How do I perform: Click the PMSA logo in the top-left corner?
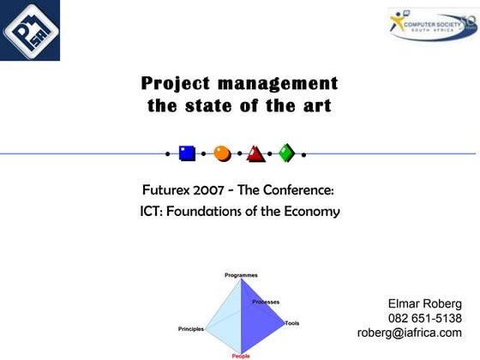click(30, 30)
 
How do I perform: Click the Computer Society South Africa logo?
click(431, 25)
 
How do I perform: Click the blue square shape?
click(187, 153)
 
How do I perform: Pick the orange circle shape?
click(222, 153)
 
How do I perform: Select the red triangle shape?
click(255, 154)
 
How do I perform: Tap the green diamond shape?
click(287, 153)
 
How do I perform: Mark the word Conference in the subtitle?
click(302, 189)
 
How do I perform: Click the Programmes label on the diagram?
click(241, 275)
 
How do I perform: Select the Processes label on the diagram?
click(266, 302)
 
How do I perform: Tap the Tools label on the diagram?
click(292, 323)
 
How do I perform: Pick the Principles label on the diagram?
click(191, 329)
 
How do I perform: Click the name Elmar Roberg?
click(424, 303)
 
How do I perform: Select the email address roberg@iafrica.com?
click(409, 333)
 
